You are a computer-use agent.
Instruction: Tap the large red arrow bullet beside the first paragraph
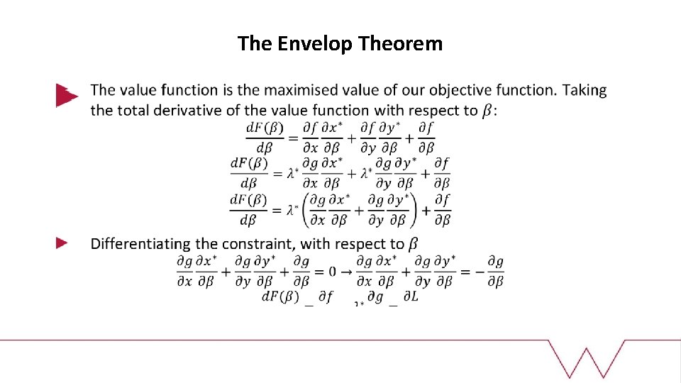click(x=66, y=95)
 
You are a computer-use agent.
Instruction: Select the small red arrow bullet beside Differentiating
click(x=62, y=243)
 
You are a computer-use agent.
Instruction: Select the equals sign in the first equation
click(x=292, y=138)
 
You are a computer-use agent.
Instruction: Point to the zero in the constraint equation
click(x=332, y=271)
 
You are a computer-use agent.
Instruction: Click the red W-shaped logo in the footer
click(x=587, y=358)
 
